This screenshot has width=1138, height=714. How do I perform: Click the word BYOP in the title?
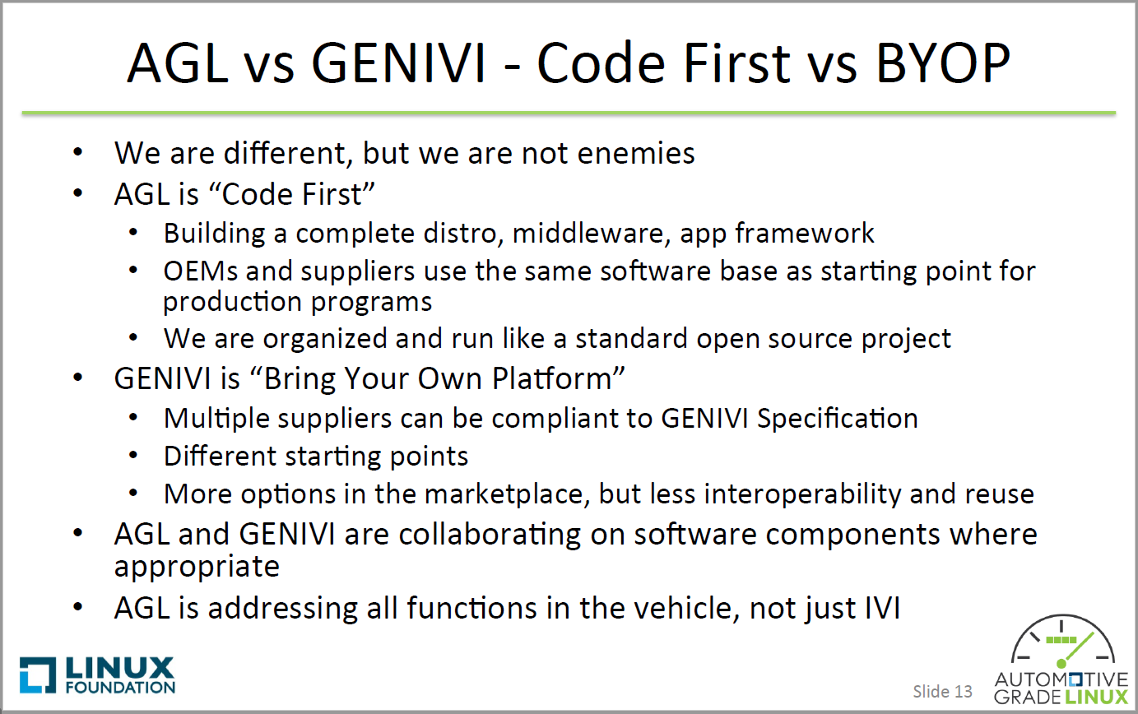pos(943,63)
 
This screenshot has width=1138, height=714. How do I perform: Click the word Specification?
pos(837,419)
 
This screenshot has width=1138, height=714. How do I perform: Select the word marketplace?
pos(504,494)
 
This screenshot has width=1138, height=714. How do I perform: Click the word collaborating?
pos(490,535)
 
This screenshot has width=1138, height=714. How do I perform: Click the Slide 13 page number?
pos(942,691)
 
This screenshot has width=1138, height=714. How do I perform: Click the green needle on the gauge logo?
pos(1075,648)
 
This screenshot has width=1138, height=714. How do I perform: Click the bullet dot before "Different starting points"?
pos(133,455)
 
